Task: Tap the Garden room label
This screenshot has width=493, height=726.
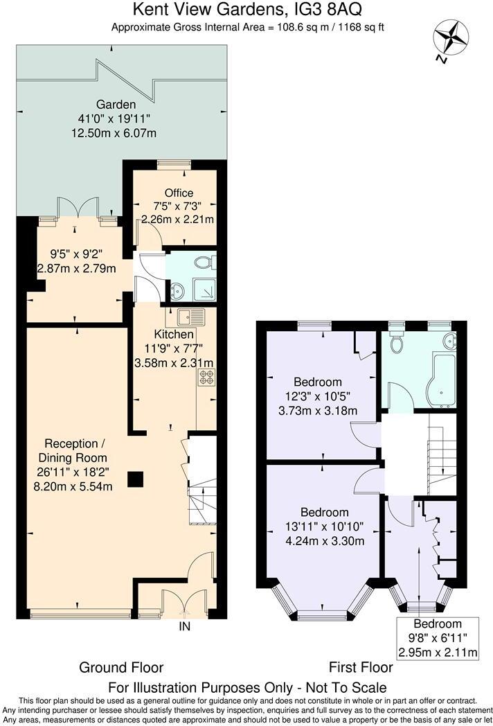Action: pyautogui.click(x=116, y=105)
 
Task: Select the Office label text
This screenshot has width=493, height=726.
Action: pyautogui.click(x=179, y=193)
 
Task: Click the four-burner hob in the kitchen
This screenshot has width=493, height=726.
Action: pyautogui.click(x=207, y=378)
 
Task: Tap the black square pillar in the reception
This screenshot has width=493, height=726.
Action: pyautogui.click(x=136, y=477)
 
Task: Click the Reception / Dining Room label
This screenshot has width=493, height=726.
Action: pyautogui.click(x=75, y=450)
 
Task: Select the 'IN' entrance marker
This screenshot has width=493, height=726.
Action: pyautogui.click(x=185, y=626)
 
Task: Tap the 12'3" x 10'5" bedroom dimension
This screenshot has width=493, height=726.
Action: pyautogui.click(x=318, y=396)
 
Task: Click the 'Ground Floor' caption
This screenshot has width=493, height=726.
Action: pyautogui.click(x=121, y=668)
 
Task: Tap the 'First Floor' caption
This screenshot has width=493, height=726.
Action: pyautogui.click(x=360, y=668)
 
